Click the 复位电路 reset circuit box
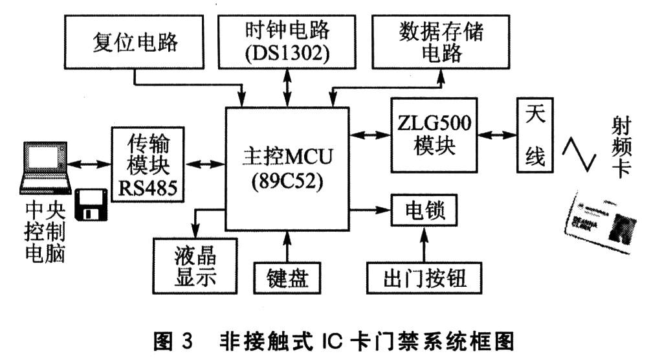134,43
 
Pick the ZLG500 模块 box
434,135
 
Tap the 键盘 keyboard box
286,278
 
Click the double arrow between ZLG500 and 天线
498,135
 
